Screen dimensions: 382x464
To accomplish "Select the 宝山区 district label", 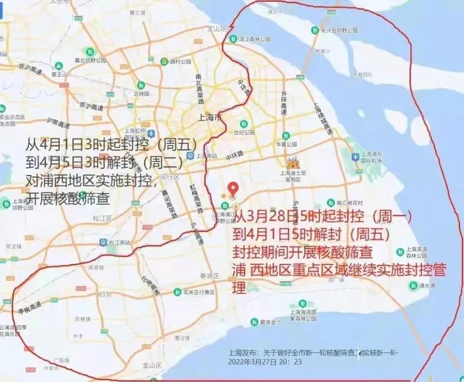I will coord(217,29).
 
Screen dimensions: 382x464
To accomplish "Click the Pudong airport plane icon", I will coord(356,157).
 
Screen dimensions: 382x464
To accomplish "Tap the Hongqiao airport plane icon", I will coord(151,133).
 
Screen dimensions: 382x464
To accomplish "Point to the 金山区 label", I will coord(152,365).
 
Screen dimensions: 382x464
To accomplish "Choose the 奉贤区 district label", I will coord(210,276).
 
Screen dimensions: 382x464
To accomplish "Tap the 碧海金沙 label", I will coord(271,322).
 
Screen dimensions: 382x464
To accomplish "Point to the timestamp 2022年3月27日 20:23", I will coord(265,362).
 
